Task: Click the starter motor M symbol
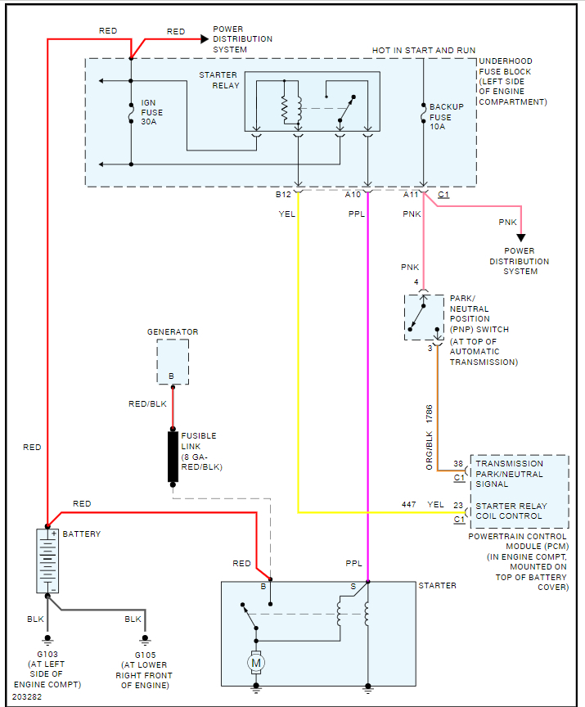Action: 256,661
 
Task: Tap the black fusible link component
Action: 173,456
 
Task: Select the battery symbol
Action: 47,561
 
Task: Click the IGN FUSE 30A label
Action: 152,112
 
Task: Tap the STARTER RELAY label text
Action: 218,80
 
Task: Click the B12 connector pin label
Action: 283,195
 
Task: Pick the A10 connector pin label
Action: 353,195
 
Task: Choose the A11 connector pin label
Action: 411,195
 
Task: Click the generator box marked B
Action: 173,362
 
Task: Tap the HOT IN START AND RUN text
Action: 423,51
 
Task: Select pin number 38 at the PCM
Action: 459,464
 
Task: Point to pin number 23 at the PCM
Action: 459,505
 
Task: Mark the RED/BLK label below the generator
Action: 148,404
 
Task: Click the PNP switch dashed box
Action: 424,317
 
